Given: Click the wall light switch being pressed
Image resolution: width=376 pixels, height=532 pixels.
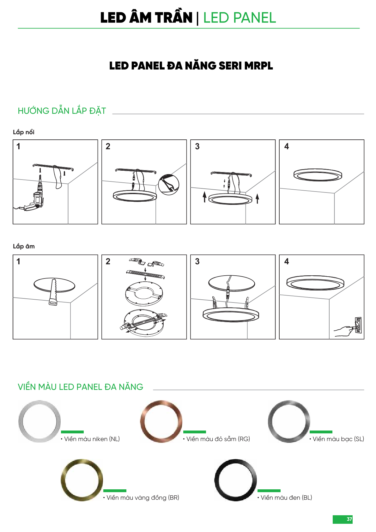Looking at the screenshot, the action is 358,325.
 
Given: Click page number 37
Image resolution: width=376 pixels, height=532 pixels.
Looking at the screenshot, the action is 349,519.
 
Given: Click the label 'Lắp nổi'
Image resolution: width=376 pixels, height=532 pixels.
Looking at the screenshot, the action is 23,132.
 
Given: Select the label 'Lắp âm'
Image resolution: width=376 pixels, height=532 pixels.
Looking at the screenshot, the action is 24,246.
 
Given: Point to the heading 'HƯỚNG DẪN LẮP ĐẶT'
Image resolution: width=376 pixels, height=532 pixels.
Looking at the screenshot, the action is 62,111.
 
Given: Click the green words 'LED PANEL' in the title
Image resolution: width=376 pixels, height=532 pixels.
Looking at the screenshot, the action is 240,18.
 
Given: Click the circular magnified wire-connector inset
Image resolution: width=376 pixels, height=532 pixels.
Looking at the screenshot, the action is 168,185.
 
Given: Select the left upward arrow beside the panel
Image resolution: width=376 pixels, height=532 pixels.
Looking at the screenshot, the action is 204,197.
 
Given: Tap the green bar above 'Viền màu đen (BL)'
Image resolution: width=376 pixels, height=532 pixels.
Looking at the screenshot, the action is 269,491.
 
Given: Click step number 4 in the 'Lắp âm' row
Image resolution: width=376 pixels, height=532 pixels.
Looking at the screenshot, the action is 287,261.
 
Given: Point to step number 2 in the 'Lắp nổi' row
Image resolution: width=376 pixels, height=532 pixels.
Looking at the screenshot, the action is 108,146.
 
